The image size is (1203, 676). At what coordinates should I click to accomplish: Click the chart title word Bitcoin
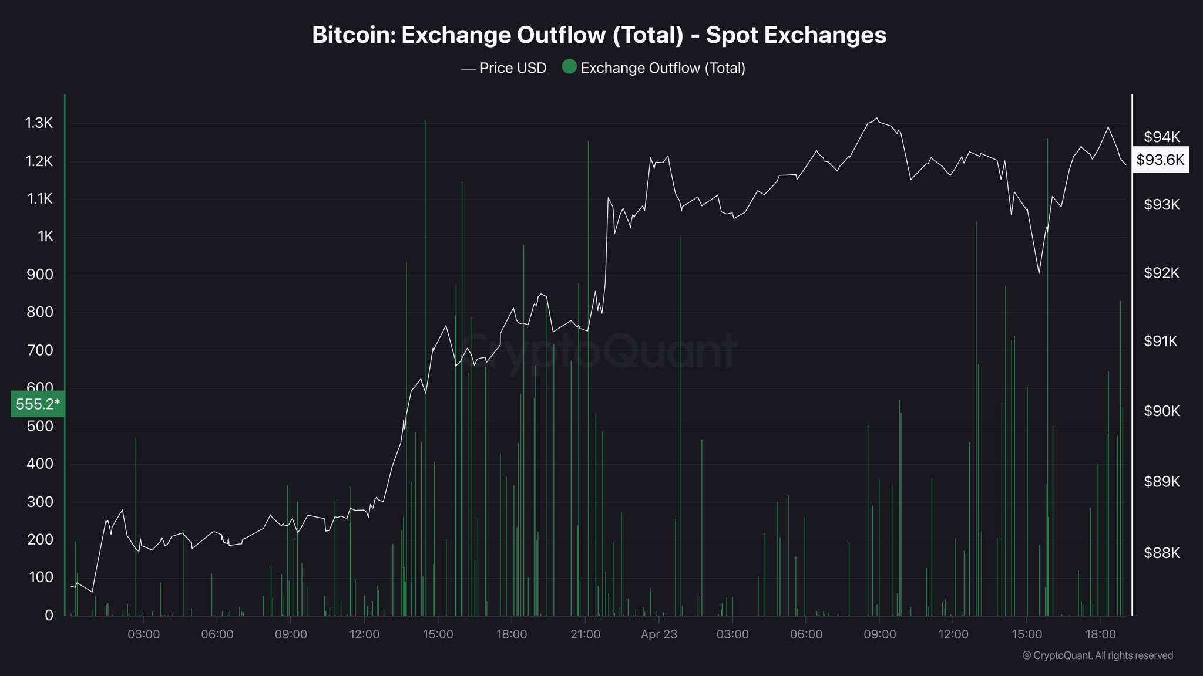click(x=353, y=35)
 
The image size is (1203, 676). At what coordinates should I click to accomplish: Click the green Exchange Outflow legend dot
click(x=569, y=67)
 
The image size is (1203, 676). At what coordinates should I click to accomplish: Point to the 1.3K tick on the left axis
click(x=39, y=123)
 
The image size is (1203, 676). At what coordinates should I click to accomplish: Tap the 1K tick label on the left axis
click(x=45, y=236)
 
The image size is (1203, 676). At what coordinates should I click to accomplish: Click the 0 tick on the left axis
click(x=49, y=615)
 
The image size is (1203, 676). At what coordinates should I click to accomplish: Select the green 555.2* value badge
click(x=38, y=404)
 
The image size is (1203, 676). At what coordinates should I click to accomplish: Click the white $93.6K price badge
click(x=1160, y=160)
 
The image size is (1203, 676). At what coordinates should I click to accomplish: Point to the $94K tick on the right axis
click(x=1161, y=137)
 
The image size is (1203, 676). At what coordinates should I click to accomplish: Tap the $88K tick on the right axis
click(x=1161, y=553)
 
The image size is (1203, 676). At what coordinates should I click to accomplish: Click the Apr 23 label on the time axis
click(x=658, y=634)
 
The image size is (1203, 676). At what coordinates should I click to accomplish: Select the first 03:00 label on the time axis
click(x=143, y=634)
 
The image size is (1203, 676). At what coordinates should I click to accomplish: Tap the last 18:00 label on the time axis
click(x=1100, y=634)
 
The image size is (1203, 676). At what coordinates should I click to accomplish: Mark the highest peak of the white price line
click(x=877, y=118)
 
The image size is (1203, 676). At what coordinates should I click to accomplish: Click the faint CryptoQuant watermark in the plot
click(x=597, y=351)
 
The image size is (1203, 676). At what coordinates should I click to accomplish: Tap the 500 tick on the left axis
click(x=40, y=426)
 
